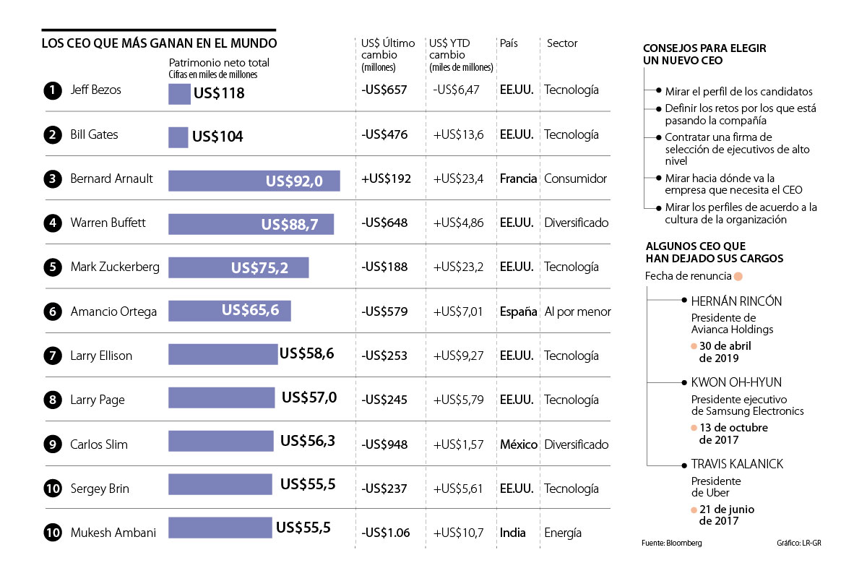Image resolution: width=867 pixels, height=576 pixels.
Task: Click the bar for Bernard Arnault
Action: [254, 180]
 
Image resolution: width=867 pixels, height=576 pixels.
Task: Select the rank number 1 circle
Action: [52, 91]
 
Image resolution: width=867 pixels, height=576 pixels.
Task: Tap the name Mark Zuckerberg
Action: [115, 267]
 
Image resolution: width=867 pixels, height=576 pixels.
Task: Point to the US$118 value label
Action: [219, 93]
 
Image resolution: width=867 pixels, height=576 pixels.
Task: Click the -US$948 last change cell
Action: [384, 444]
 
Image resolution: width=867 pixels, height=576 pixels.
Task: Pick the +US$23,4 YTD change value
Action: [458, 179]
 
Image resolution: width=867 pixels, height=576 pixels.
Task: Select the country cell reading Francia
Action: [518, 179]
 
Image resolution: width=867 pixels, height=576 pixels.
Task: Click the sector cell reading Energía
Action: [563, 533]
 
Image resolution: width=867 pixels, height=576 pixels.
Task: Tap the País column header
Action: [509, 43]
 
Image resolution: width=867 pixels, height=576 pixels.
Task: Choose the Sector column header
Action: [562, 43]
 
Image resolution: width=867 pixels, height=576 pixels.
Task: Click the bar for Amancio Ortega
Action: [229, 311]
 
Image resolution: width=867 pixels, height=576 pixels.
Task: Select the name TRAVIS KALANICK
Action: [737, 464]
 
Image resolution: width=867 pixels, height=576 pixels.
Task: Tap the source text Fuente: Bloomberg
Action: [671, 543]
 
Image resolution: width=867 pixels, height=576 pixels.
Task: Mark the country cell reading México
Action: [519, 444]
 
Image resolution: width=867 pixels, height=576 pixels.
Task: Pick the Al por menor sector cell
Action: [577, 312]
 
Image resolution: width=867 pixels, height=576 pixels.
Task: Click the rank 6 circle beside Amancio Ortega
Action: [52, 312]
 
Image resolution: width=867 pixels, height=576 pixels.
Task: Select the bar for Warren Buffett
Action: [251, 224]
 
